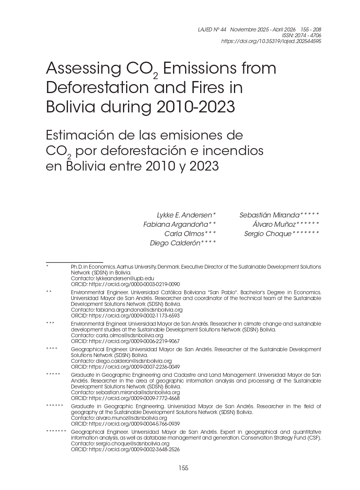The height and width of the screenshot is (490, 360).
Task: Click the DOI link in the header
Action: (271, 41)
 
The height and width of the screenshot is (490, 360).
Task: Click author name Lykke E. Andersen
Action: (185, 215)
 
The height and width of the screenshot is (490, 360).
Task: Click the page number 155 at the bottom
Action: (183, 468)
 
